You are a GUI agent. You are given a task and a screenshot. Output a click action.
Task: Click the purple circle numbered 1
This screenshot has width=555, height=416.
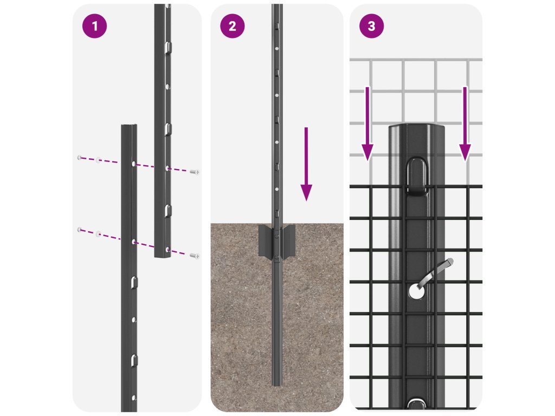pyautogui.click(x=94, y=26)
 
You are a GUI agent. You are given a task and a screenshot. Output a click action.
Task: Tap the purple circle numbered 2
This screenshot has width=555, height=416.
pyautogui.click(x=232, y=26)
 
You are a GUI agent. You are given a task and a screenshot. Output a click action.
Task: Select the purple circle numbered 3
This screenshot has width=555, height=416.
pyautogui.click(x=371, y=26)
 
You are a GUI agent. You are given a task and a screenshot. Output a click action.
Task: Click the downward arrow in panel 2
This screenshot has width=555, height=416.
pyautogui.click(x=306, y=164)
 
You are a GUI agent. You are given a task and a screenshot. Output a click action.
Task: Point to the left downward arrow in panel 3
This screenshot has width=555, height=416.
pyautogui.click(x=367, y=124)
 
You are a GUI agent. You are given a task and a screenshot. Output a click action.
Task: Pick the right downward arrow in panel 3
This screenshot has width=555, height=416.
pyautogui.click(x=464, y=124)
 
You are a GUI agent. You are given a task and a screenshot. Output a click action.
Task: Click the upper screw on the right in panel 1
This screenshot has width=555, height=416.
pyautogui.click(x=195, y=172)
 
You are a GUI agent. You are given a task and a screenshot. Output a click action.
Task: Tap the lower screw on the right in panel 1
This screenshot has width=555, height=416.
pyautogui.click(x=195, y=256)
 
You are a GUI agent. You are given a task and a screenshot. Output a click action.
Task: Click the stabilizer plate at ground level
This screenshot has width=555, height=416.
pyautogui.click(x=277, y=240)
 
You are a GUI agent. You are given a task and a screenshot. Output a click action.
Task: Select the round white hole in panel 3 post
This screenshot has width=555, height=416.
pyautogui.click(x=417, y=291)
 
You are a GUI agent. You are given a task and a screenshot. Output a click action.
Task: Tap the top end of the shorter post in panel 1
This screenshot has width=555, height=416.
pyautogui.click(x=129, y=126)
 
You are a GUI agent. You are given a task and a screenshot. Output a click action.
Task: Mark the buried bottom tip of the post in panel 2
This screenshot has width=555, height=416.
pyautogui.click(x=277, y=384)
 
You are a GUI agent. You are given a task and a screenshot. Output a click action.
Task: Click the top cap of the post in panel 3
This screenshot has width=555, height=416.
pyautogui.click(x=417, y=128)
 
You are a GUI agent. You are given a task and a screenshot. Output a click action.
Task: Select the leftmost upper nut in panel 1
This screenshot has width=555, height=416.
pyautogui.click(x=80, y=158)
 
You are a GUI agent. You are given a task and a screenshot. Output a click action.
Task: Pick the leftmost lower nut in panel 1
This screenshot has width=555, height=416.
pyautogui.click(x=80, y=230)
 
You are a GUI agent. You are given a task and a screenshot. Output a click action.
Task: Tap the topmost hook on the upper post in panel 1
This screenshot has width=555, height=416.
pyautogui.click(x=169, y=46)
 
